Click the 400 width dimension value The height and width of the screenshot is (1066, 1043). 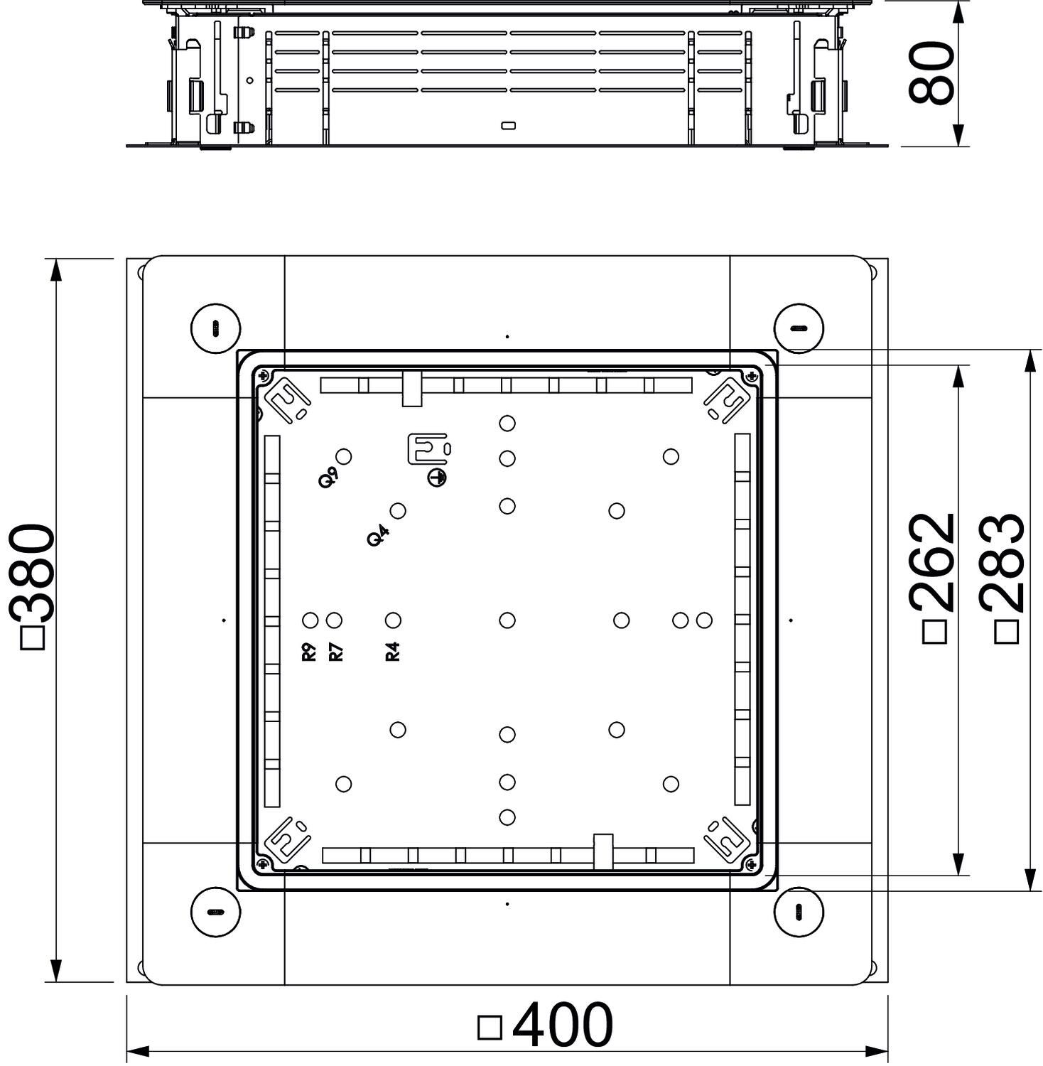(561, 1025)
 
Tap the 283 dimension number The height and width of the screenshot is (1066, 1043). (1003, 564)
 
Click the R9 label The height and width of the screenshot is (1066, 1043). (309, 652)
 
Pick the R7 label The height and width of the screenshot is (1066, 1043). (336, 652)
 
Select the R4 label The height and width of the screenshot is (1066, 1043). (393, 652)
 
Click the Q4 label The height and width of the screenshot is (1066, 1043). (378, 535)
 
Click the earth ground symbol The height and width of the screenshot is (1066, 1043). (437, 478)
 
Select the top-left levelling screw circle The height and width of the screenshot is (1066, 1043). (216, 328)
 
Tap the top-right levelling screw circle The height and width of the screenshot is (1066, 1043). (798, 328)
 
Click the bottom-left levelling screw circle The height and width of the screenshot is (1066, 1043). (216, 911)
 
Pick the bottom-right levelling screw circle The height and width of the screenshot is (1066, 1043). (798, 911)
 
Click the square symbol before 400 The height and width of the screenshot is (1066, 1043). (490, 1028)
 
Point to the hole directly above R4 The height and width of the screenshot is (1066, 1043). (393, 620)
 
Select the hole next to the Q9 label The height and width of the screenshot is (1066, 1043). (344, 456)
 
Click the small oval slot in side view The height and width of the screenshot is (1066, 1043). (509, 126)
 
